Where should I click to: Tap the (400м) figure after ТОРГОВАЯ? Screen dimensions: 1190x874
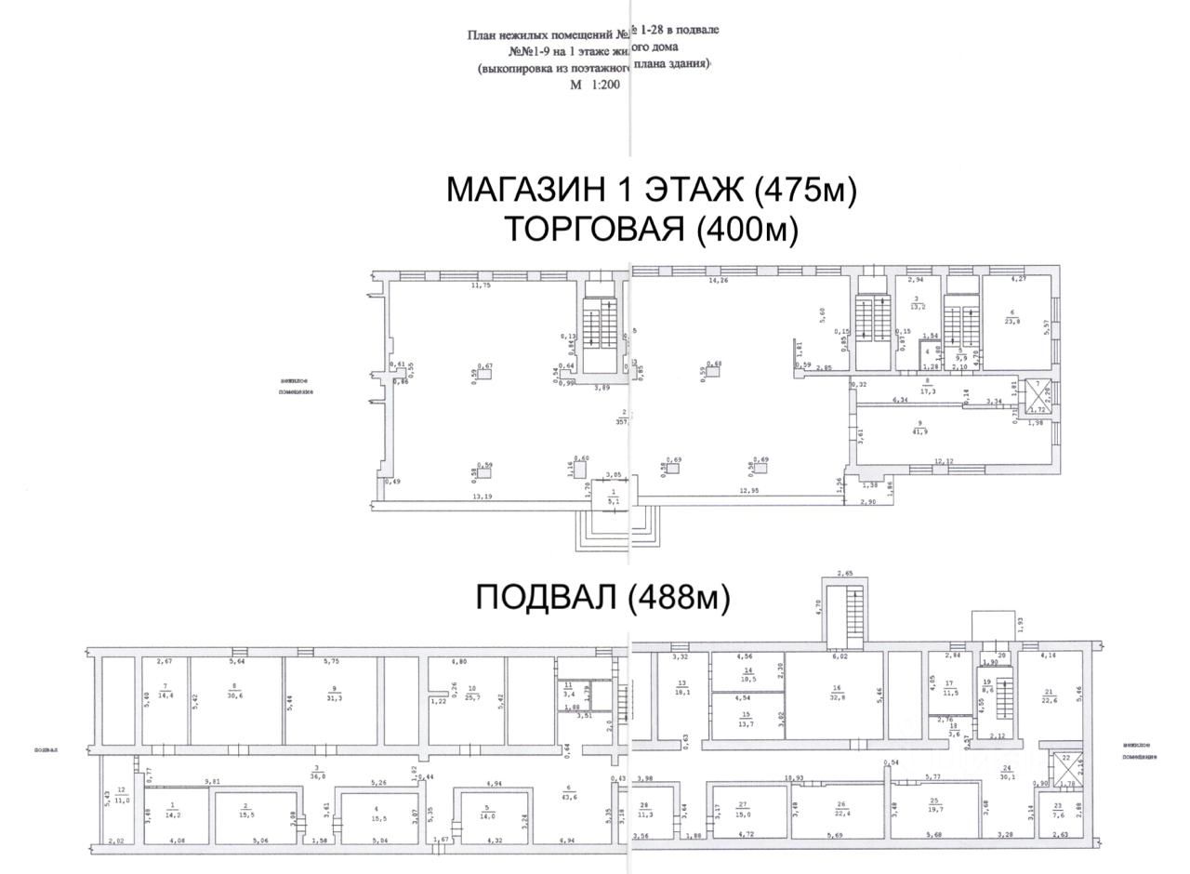(747, 229)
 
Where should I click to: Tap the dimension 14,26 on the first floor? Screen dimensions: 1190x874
(718, 280)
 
